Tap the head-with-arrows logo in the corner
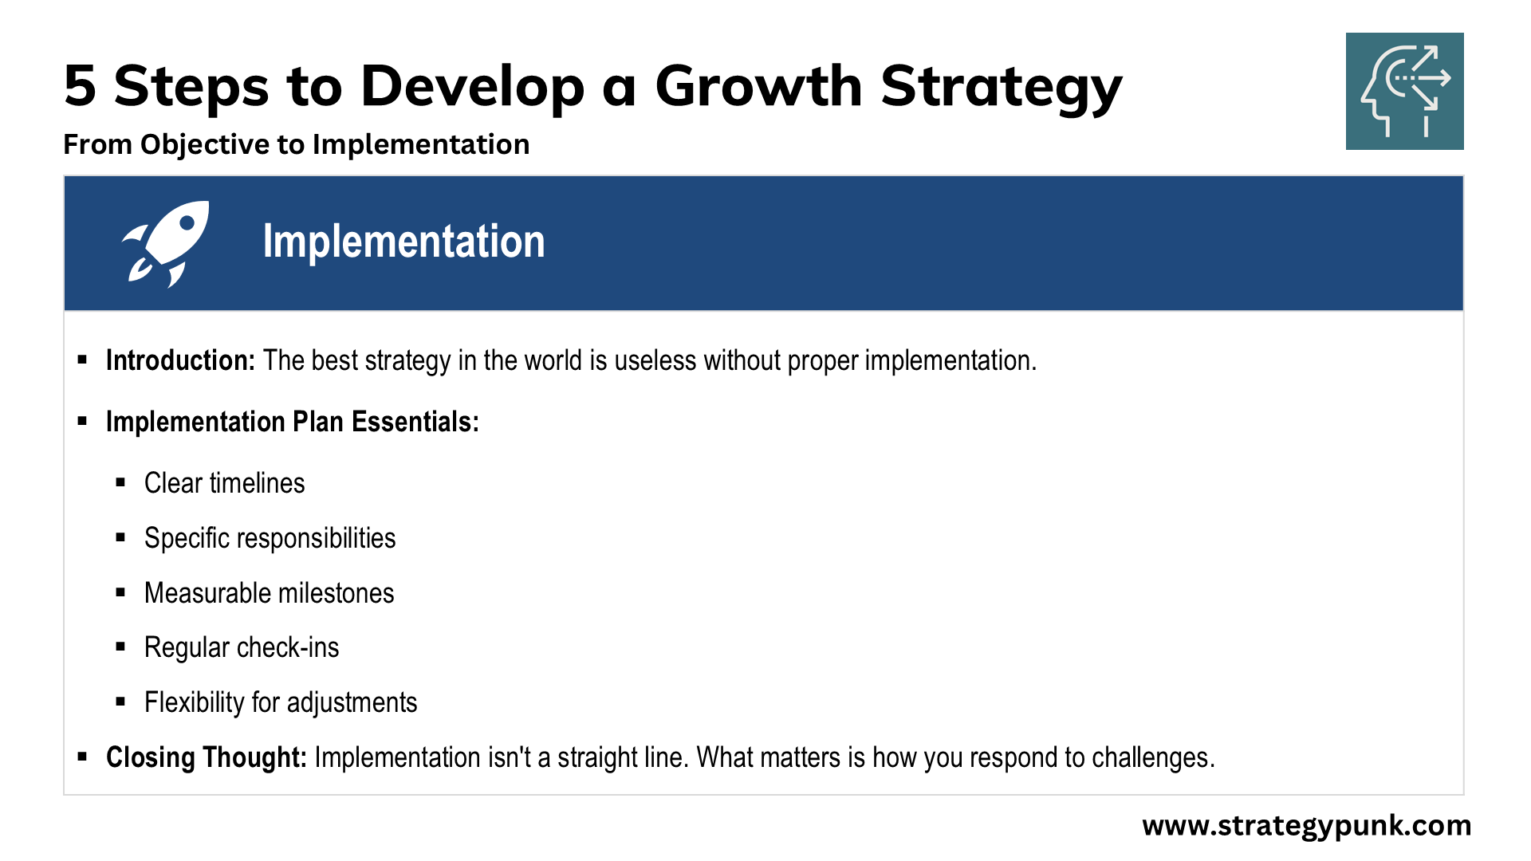[x=1404, y=91]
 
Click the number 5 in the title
[x=80, y=85]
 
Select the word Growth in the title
[x=758, y=85]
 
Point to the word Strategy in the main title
[x=1002, y=88]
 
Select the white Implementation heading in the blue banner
[x=403, y=242]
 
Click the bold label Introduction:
[x=180, y=360]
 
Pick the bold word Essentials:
[x=415, y=422]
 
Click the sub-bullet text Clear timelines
[x=225, y=483]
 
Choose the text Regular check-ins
[x=242, y=648]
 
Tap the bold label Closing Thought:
[x=207, y=758]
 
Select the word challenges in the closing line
[x=1153, y=758]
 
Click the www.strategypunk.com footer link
[x=1307, y=826]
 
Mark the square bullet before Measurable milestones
[x=120, y=592]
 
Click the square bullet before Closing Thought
[x=82, y=756]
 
